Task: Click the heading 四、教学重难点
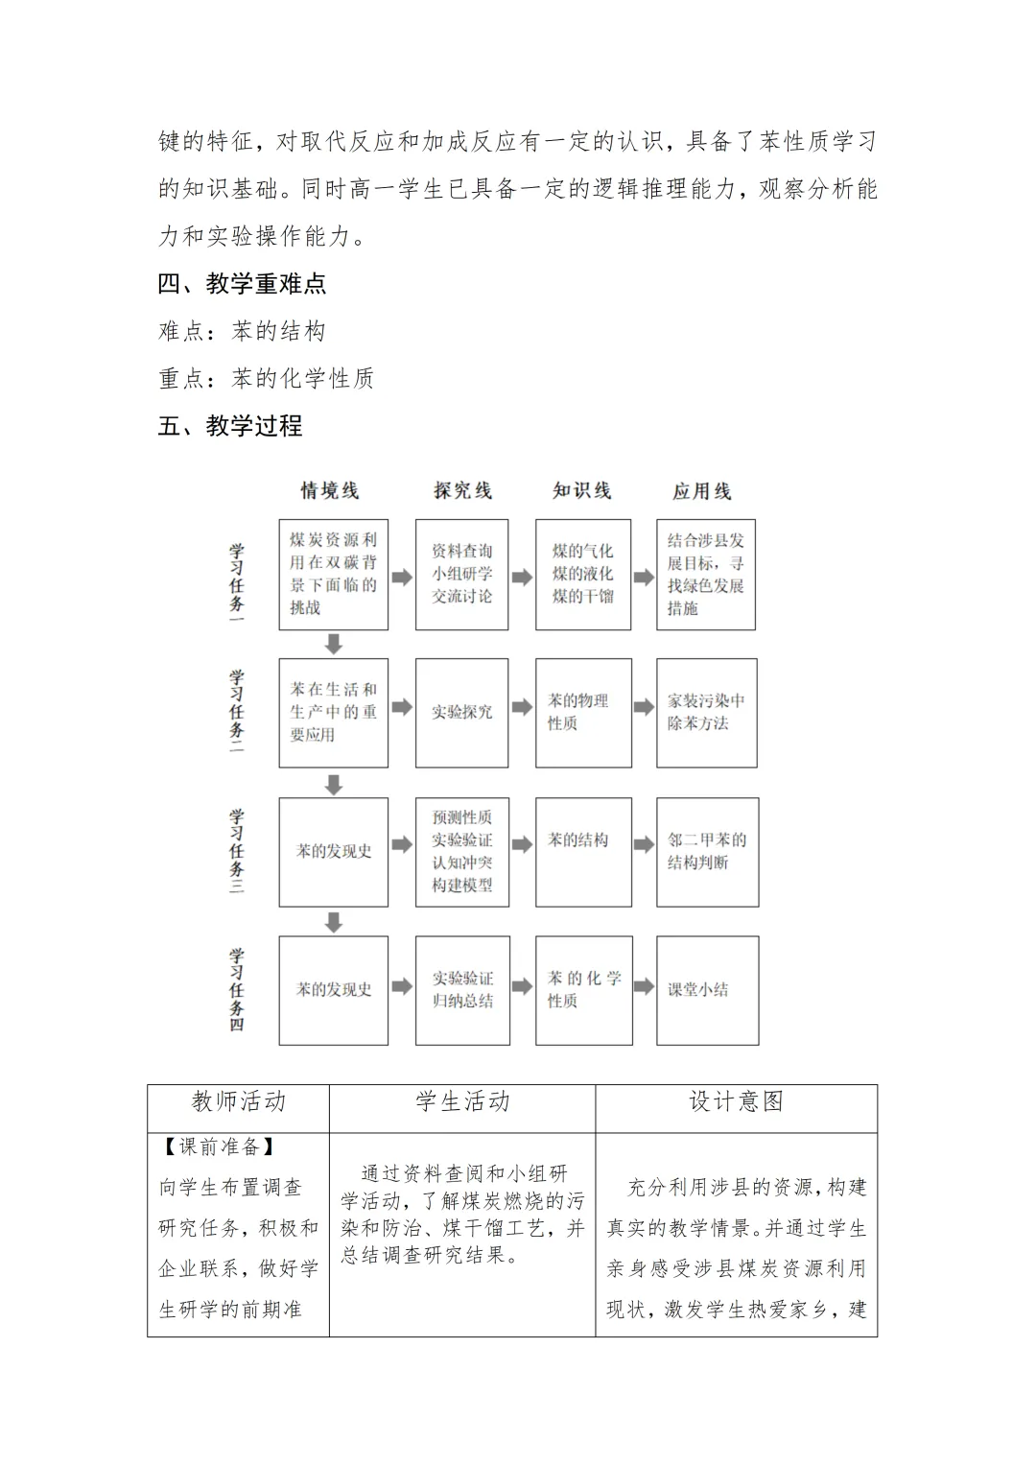coord(242,283)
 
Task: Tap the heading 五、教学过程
coord(230,426)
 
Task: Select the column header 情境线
coord(330,491)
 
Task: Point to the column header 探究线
coord(462,491)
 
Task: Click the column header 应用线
coord(701,491)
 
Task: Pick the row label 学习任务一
coord(236,581)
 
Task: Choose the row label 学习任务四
coord(236,989)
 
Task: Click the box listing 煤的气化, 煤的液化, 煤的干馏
coord(583,574)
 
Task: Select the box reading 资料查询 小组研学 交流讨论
coord(461,574)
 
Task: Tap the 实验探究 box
coord(461,712)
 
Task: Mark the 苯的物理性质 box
coord(583,712)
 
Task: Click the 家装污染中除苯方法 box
coord(706,712)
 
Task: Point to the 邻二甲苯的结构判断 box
coord(707,851)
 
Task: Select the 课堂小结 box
coord(707,989)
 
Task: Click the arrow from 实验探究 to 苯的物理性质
coord(522,708)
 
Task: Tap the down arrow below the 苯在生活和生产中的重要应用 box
coord(334,784)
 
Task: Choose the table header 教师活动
coord(238,1101)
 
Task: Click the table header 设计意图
coord(736,1101)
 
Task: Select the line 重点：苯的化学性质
coord(266,379)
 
